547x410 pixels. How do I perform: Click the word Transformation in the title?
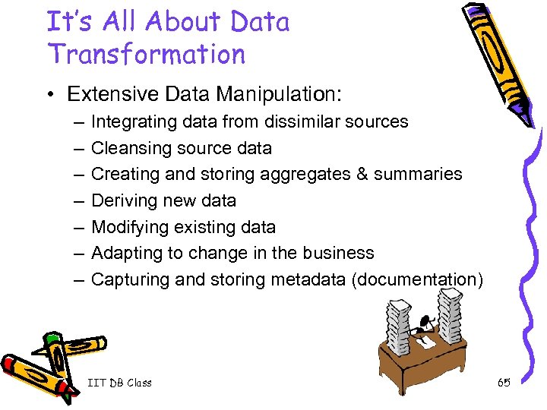146,55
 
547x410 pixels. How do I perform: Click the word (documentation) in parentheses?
417,279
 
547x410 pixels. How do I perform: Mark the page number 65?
504,383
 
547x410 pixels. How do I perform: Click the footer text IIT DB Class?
119,383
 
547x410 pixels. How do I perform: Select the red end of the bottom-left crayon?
11,362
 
